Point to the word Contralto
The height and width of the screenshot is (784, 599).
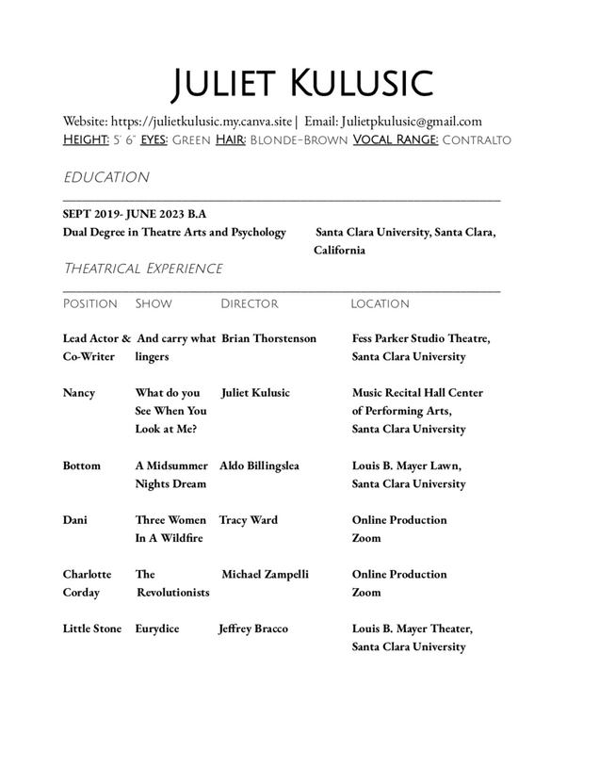(477, 140)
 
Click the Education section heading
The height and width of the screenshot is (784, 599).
(105, 177)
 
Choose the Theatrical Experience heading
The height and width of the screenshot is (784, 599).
(142, 269)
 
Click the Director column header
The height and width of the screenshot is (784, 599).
(249, 304)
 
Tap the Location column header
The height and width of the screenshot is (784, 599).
(380, 304)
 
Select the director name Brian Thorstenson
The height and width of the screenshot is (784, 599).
(268, 338)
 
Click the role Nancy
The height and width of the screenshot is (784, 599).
(79, 393)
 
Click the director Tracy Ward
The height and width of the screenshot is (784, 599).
(248, 520)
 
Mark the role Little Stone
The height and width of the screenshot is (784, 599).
(92, 629)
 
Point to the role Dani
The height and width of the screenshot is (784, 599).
(75, 520)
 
